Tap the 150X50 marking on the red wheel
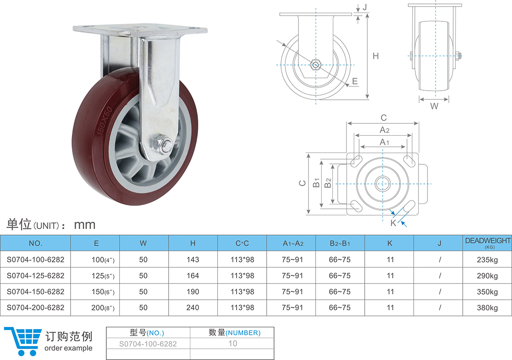coord(105,121)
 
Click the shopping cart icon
coord(23,341)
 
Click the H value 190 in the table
coord(193,292)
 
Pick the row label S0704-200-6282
coord(36,308)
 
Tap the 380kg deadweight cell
coord(487,308)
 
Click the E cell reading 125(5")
coord(103,276)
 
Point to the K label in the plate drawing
coord(393,223)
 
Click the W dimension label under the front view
coord(434,106)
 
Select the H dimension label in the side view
coord(376,56)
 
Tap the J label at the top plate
coord(365,7)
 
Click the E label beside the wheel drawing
coord(355,81)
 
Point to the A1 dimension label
coord(384,142)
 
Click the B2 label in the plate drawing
coord(328,183)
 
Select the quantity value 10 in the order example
coord(233,343)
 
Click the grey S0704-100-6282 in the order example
coord(148,344)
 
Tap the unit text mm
coord(85,225)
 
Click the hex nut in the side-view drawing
coord(315,65)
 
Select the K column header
coord(390,243)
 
